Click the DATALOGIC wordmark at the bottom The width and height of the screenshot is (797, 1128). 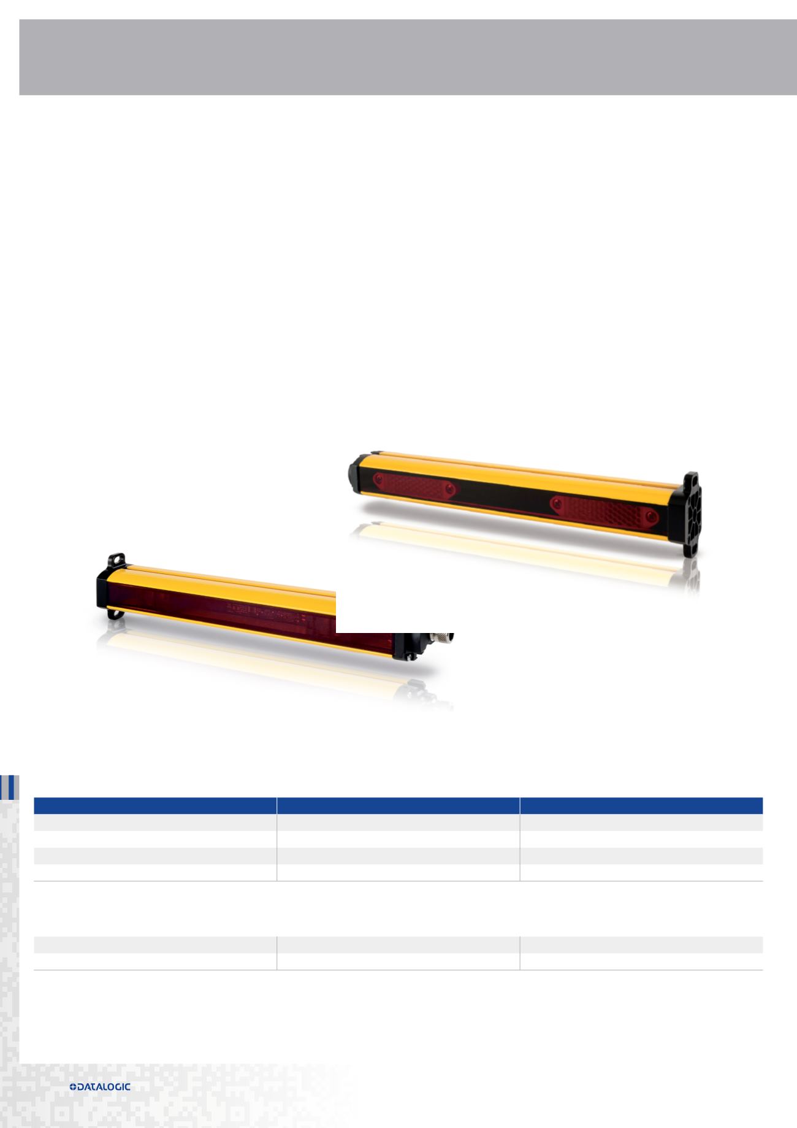[104, 1086]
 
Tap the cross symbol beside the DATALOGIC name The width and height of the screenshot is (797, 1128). [74, 1086]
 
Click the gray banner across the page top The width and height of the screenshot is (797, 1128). [408, 57]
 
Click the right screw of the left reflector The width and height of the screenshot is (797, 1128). [451, 489]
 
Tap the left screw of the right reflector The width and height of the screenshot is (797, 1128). [557, 503]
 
